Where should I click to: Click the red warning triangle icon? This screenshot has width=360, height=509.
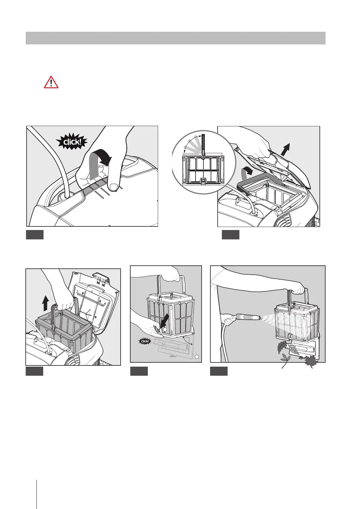click(x=51, y=82)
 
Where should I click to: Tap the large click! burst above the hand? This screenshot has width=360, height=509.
click(x=72, y=141)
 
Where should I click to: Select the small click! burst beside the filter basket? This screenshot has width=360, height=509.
click(x=145, y=341)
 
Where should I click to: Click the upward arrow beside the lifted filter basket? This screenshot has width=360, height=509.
click(x=45, y=303)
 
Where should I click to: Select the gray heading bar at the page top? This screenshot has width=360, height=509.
click(x=175, y=38)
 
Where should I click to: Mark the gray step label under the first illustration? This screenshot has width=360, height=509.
click(x=34, y=235)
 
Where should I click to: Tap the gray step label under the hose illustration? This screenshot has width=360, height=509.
click(x=219, y=371)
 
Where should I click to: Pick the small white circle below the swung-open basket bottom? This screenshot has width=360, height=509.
click(x=197, y=357)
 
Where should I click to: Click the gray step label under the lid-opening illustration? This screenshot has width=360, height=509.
click(x=230, y=235)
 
